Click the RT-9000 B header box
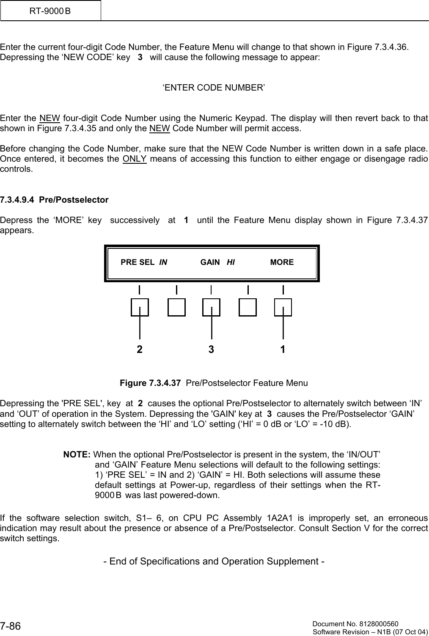[x=50, y=11]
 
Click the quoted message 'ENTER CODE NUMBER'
[x=214, y=88]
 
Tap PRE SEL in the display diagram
[x=137, y=262]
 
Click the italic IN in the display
[x=163, y=262]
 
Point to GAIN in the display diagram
[x=210, y=262]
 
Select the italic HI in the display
[x=231, y=262]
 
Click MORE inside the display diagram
[x=282, y=262]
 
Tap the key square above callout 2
[x=140, y=307]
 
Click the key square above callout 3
[x=211, y=307]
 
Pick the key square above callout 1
[x=283, y=307]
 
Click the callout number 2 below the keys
[x=140, y=350]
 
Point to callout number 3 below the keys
[x=211, y=350]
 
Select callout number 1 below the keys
[x=283, y=350]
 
